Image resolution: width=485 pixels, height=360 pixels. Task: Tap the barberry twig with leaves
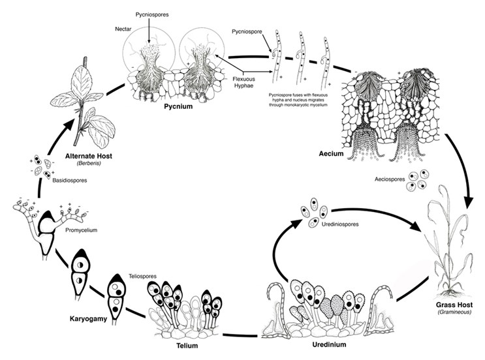click(x=86, y=104)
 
